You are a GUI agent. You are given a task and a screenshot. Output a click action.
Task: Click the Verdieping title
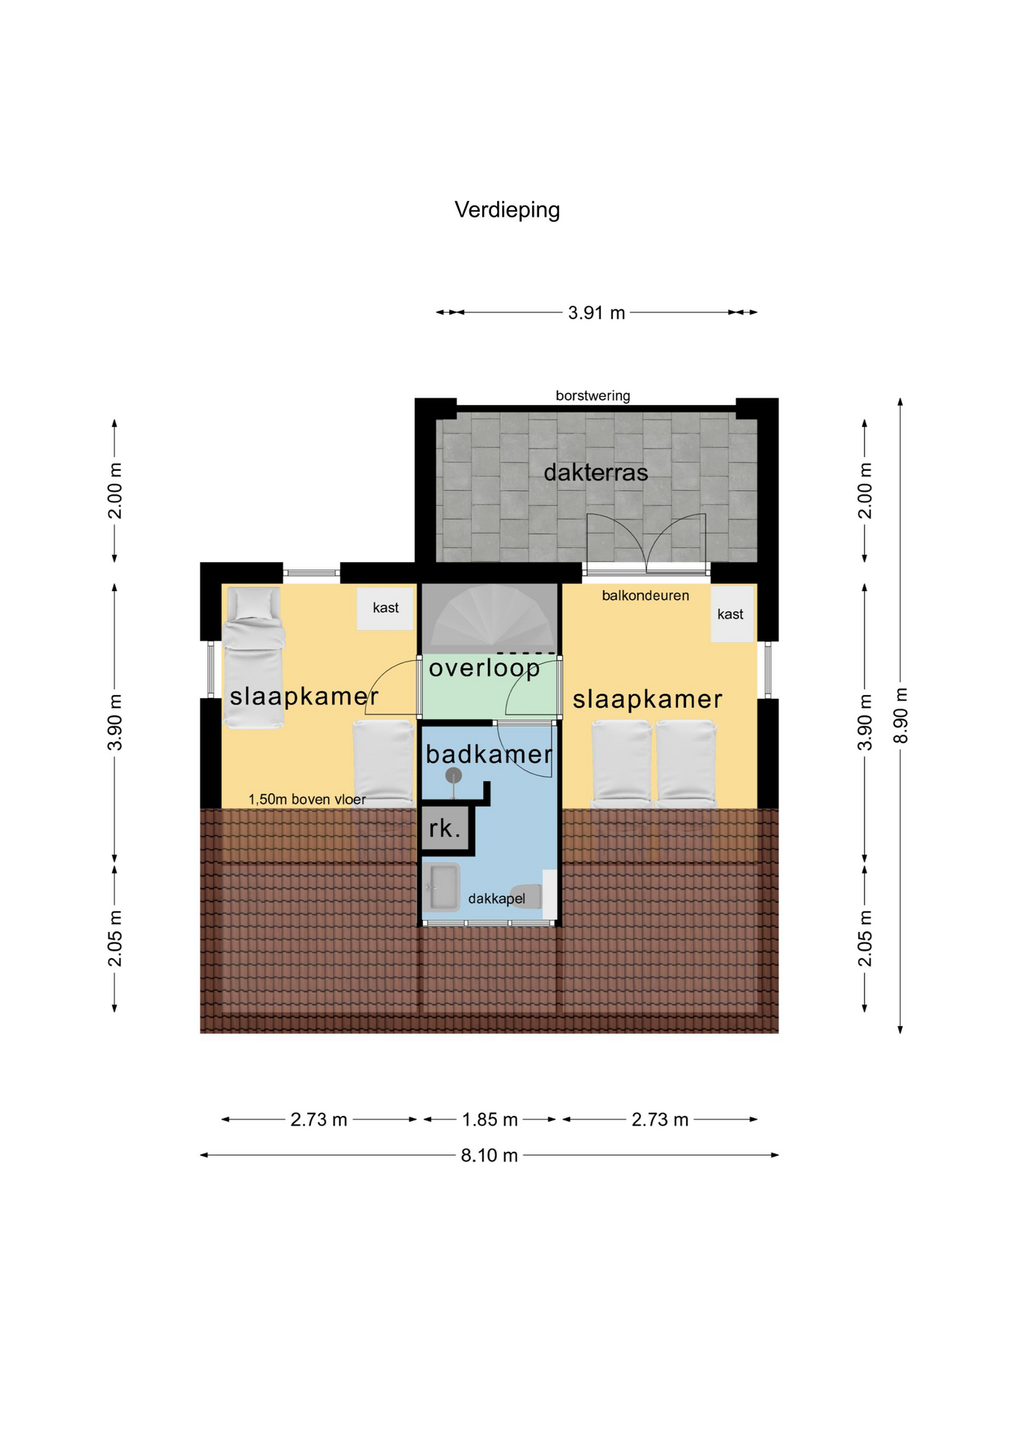coord(507,210)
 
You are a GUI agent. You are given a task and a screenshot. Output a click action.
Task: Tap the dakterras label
coord(596,472)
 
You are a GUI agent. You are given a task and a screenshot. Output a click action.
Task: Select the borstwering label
coord(593,395)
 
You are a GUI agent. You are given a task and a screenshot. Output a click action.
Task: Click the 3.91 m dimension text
coord(596,312)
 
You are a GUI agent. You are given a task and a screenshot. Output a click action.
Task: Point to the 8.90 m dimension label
coord(901,715)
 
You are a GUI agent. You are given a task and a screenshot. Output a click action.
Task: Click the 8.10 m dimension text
coord(489,1155)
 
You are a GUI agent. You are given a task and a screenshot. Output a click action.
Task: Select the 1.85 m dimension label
coord(490,1120)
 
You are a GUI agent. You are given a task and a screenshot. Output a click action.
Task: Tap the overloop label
coord(484,667)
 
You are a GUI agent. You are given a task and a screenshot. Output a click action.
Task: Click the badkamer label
coord(489,754)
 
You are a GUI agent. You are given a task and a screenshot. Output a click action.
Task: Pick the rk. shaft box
coord(447,828)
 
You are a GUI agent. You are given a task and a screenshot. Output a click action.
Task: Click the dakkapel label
coord(496,898)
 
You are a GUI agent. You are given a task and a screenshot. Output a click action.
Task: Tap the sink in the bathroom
coord(441,887)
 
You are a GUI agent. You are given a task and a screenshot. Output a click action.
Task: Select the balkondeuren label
coord(645,596)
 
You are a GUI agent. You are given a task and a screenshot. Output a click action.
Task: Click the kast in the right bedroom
coord(731,614)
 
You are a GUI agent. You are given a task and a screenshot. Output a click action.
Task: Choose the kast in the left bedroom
coord(385,608)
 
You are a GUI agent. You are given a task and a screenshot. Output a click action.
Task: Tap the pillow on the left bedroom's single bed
coord(253,604)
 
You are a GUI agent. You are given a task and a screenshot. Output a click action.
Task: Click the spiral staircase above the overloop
coord(490,618)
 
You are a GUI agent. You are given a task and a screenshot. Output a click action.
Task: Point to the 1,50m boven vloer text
coord(307,800)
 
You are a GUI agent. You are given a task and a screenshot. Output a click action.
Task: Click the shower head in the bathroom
coord(454,776)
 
